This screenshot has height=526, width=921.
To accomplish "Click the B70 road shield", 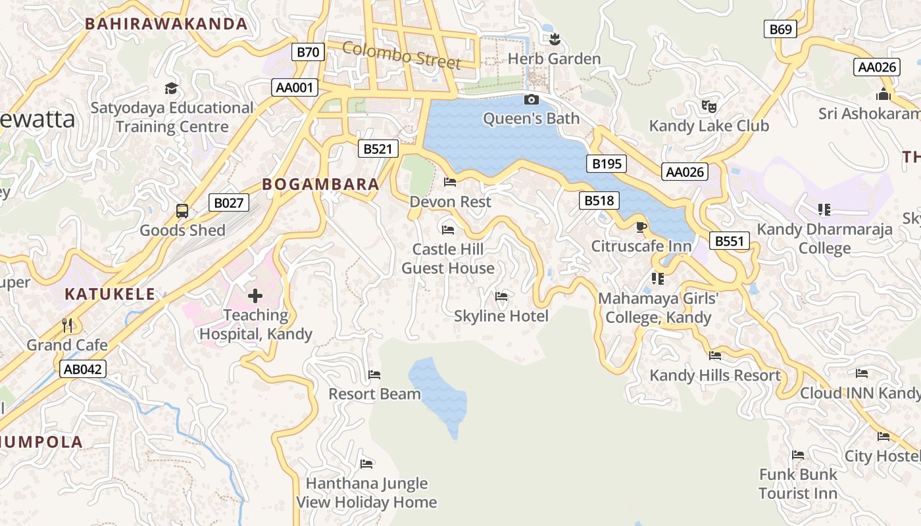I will tap(308, 52).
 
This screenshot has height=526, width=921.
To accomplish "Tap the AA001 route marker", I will tap(295, 87).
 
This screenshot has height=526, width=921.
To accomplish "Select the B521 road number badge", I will tap(378, 149).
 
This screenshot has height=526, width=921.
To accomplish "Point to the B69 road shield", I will tap(780, 29).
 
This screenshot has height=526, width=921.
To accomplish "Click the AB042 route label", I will tap(83, 369).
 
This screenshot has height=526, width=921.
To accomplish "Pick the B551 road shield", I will tap(729, 241).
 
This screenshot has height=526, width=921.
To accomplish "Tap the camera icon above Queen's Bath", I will tap(531, 100).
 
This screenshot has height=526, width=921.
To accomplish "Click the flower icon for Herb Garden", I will tap(555, 39).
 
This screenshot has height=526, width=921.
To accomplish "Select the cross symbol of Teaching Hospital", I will tap(255, 296).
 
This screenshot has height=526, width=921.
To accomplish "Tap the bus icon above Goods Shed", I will tap(182, 211).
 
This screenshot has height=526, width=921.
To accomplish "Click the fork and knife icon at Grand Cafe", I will tap(66, 325).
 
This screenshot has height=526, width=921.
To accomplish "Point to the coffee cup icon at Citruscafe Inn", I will tap(641, 227).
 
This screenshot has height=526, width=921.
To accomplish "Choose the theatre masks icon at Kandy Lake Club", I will tap(709, 105).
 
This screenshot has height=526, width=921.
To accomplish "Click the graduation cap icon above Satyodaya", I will tap(171, 88).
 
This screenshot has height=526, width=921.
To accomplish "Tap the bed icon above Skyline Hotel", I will tap(501, 297).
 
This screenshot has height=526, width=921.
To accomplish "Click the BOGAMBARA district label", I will tap(321, 185).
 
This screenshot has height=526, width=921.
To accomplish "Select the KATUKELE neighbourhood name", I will tap(110, 294).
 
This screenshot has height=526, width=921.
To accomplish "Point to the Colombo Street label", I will tap(401, 55).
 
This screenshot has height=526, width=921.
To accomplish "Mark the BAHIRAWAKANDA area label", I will tap(166, 24).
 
